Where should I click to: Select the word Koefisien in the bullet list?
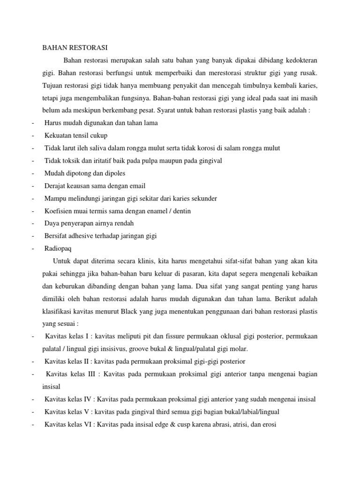point(59,211)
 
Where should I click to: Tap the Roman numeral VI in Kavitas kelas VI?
point(86,424)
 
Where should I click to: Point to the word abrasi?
point(207,424)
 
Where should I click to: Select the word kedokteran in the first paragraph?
point(300,60)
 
